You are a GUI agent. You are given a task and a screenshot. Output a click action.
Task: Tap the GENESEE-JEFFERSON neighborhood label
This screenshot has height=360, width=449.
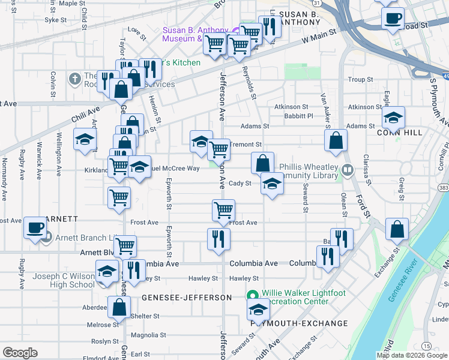coord(186,298)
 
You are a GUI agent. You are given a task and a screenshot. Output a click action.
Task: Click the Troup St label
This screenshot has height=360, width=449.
coord(360,79)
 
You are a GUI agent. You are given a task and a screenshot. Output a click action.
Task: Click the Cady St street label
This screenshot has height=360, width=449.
coord(240,184)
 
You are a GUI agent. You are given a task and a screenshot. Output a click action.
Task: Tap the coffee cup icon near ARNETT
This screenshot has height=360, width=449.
coord(35,229)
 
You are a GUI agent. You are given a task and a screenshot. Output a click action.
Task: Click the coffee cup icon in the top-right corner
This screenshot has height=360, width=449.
coord(393,18)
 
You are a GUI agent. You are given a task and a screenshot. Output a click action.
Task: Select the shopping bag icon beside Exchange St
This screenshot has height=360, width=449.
coord(397,229)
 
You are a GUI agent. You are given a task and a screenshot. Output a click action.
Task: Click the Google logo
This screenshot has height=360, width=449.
coord(20,353)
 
